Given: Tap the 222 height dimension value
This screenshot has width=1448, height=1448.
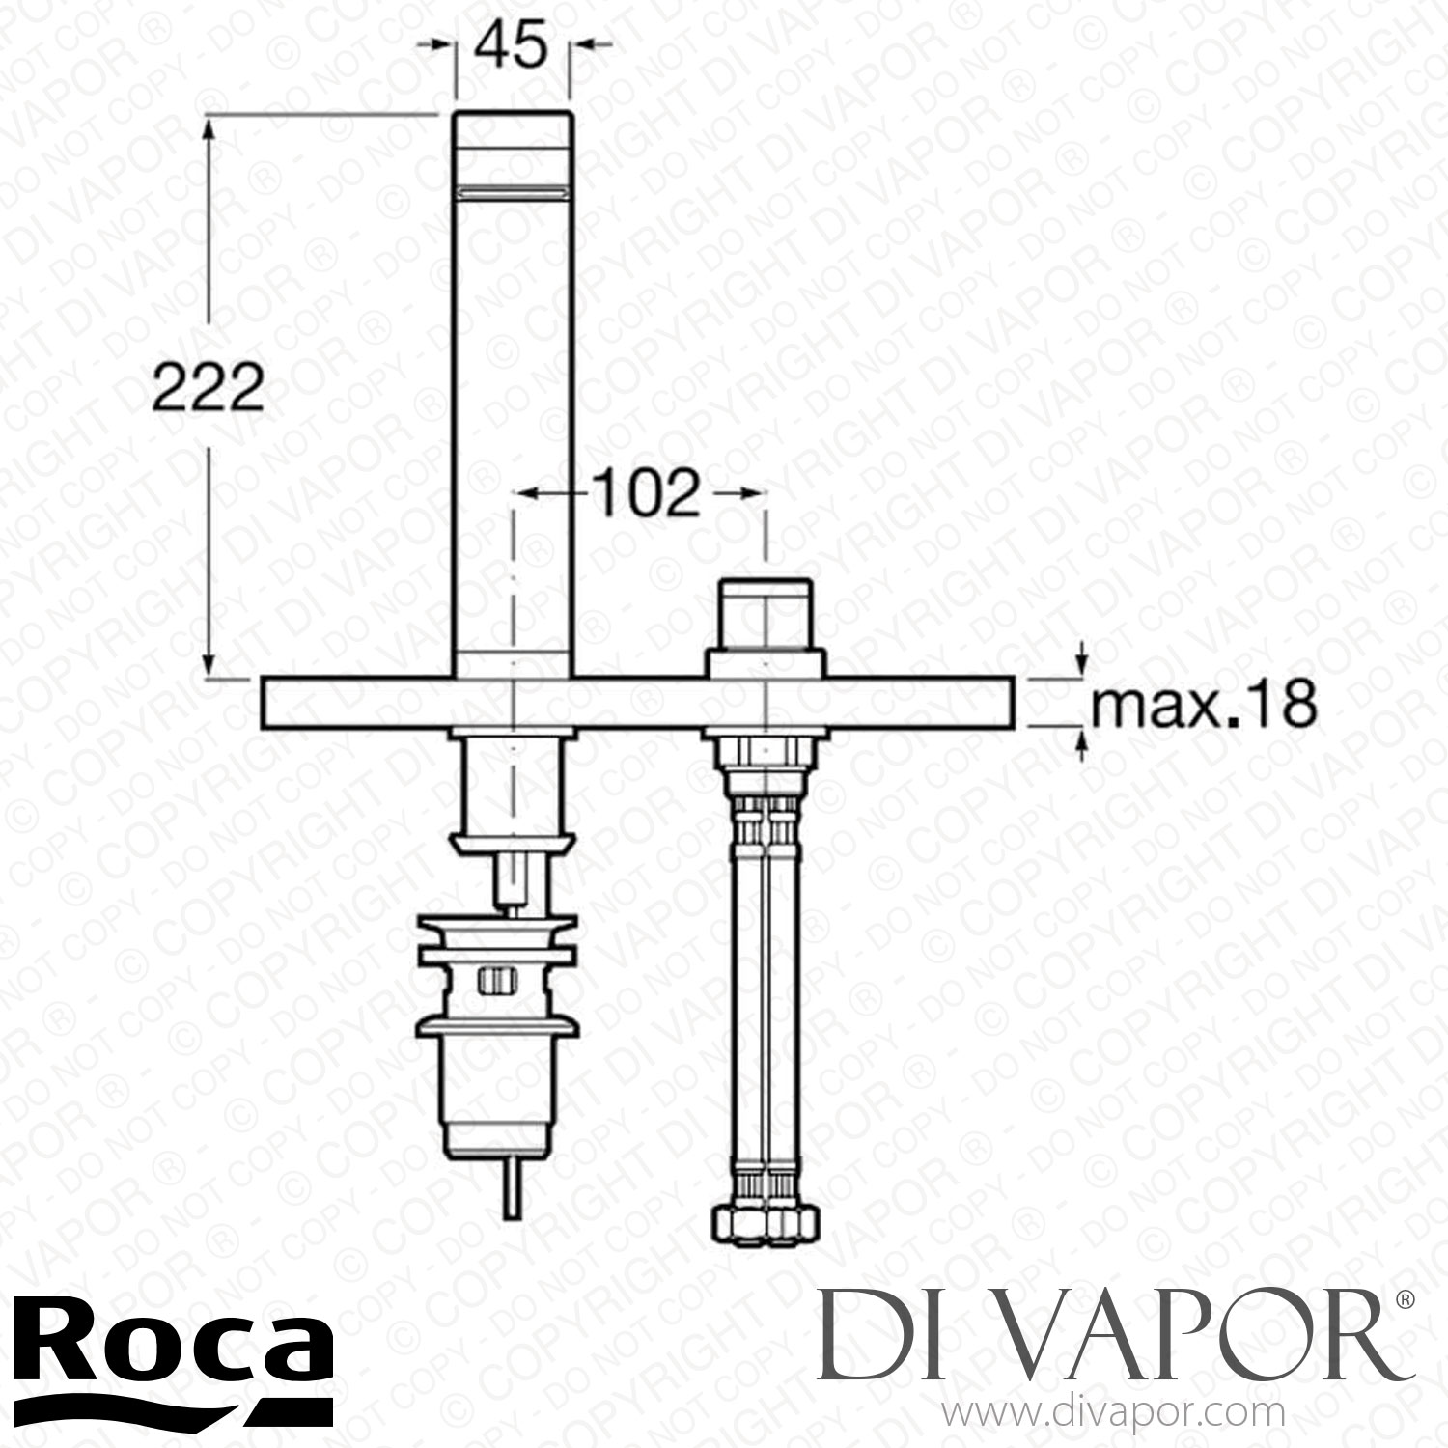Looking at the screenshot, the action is coord(209,390).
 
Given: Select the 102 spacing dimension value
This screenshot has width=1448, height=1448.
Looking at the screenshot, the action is coord(645,494).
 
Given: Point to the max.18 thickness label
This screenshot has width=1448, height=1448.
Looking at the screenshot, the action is coord(1203,706).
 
